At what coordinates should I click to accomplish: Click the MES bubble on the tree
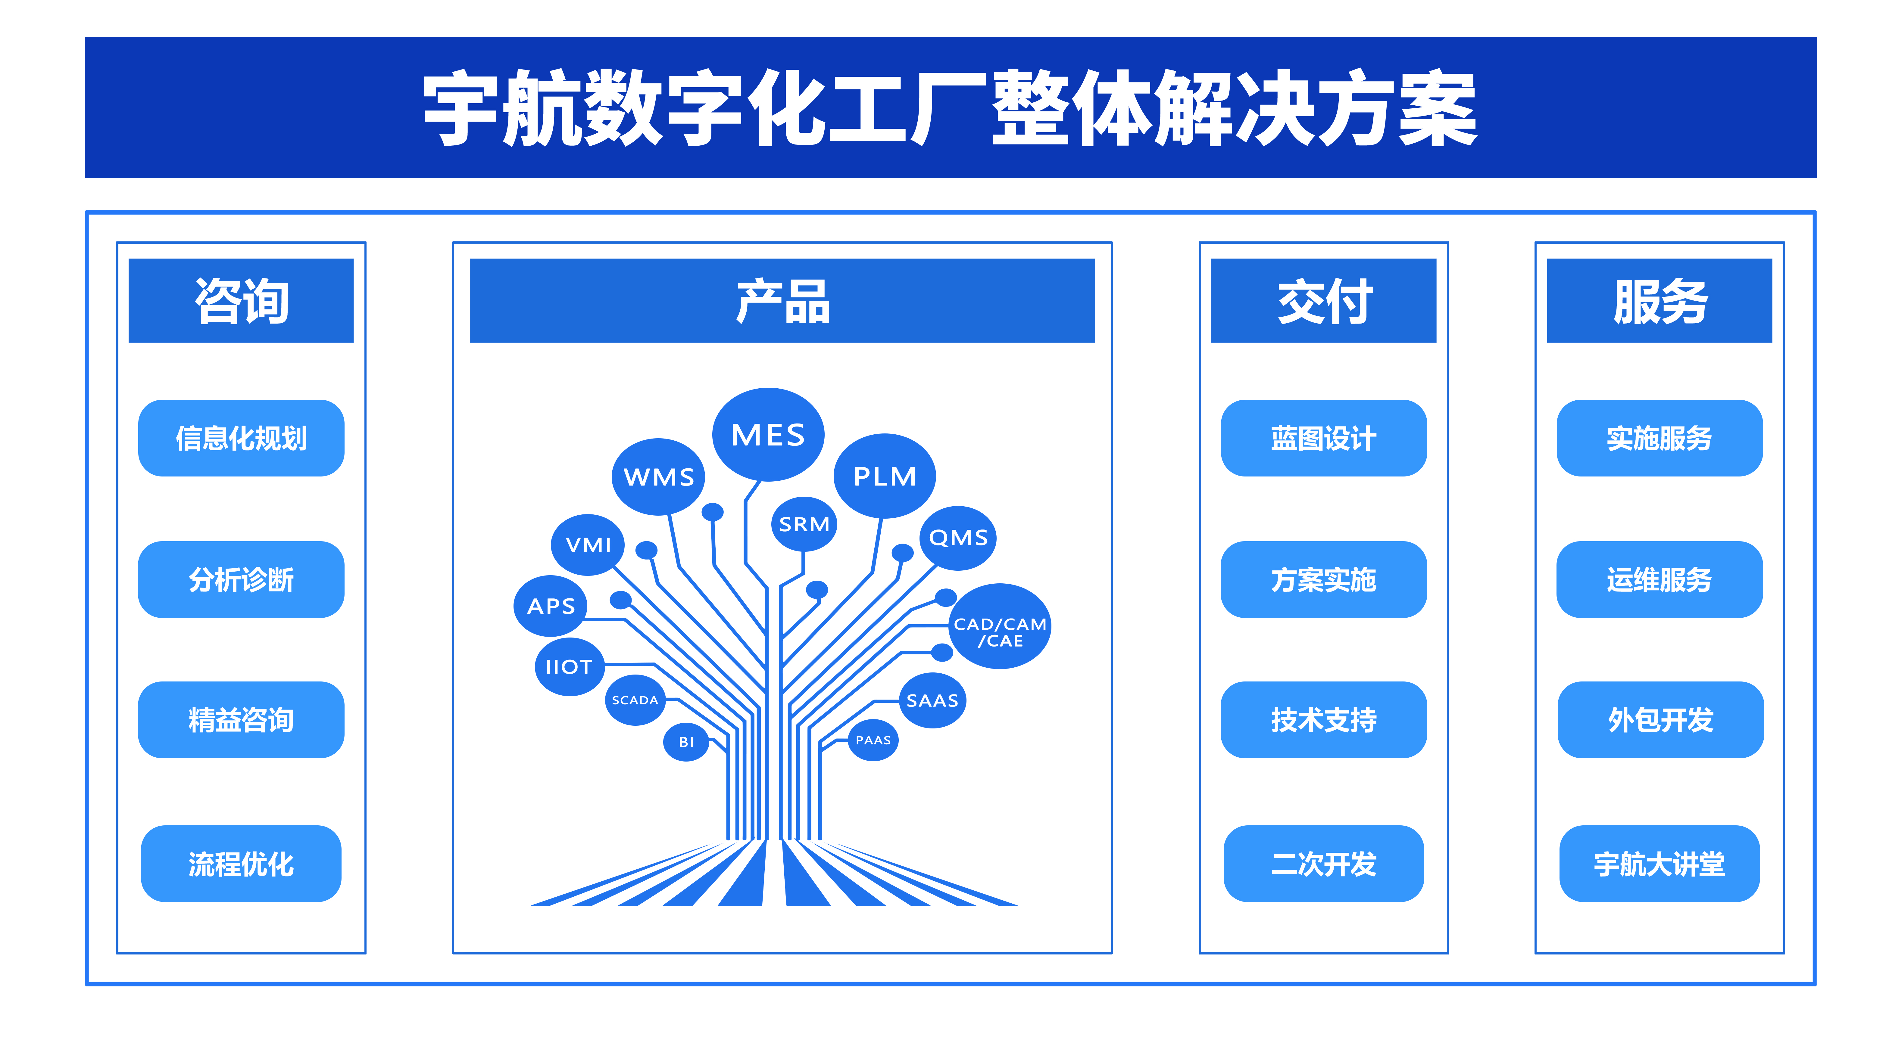[768, 435]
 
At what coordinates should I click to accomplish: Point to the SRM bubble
[804, 524]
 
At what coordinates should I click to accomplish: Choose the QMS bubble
[958, 537]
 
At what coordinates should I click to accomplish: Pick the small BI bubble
[686, 742]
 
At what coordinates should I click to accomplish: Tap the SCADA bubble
[635, 700]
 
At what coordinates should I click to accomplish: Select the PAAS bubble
[873, 740]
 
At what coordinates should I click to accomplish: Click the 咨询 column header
[241, 300]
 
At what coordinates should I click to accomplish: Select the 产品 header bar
[782, 300]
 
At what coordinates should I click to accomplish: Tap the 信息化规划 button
[241, 438]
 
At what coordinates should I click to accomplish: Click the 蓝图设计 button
[1324, 438]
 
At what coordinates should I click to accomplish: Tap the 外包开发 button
[1660, 720]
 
